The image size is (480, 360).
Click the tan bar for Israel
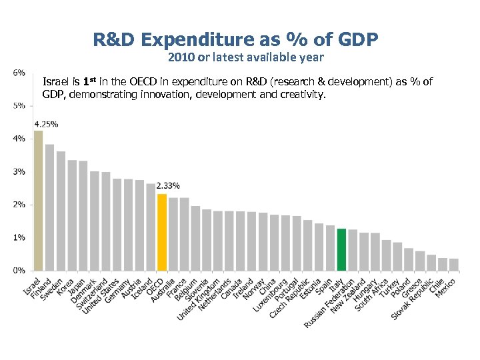pos(38,200)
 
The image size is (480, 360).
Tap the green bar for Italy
pos(341,249)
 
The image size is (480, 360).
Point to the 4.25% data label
pos(45,124)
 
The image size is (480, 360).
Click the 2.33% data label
pos(167,185)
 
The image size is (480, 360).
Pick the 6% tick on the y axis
pos(19,72)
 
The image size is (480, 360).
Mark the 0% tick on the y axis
pos(19,270)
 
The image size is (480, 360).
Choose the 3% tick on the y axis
pos(19,171)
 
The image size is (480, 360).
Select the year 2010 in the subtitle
pos(182,57)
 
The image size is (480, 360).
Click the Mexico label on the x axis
pos(445,288)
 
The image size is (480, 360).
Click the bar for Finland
pos(49,207)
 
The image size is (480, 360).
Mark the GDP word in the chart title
pos(355,41)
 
